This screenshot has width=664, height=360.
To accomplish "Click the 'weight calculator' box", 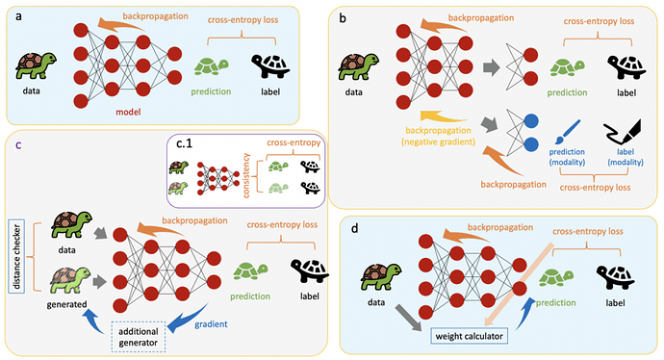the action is [469, 336].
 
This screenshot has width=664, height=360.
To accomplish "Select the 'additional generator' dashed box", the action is [138, 337].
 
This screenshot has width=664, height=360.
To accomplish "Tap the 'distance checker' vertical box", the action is [16, 257].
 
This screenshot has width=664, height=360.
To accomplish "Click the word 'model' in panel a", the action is [128, 113].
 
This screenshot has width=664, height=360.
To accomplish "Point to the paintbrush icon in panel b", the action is [568, 132].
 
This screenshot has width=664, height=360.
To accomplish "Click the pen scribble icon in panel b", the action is [623, 132].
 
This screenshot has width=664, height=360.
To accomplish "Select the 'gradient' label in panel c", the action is [211, 324].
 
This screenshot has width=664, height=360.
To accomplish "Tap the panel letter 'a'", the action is [18, 16].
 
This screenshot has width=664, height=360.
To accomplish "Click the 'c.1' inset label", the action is [184, 143].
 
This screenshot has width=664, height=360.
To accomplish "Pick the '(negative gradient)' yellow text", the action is [438, 141].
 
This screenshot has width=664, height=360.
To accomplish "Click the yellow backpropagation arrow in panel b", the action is [443, 116].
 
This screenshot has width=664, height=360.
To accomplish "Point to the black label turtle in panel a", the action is [270, 65].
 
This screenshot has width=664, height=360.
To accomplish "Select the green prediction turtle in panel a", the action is [212, 66].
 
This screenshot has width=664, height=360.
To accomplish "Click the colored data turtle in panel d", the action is [381, 277].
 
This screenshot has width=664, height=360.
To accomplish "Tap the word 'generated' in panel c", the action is [67, 304].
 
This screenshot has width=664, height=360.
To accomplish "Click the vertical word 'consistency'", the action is [246, 175].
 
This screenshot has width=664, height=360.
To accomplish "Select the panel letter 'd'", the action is [354, 229].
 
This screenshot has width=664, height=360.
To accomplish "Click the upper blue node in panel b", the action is [531, 121].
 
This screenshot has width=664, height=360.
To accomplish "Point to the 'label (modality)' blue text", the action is [626, 157].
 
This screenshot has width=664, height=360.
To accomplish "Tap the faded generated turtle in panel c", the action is [70, 280].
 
